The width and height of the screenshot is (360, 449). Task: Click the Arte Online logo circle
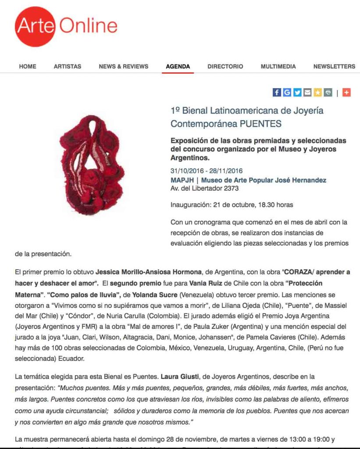(35, 26)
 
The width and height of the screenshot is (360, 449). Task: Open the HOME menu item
(28, 67)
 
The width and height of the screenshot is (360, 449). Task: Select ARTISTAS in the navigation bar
(68, 67)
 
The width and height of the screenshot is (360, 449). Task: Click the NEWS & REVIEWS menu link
(124, 67)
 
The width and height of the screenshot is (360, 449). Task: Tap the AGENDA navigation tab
(178, 67)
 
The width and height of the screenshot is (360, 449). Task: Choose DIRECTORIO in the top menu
(225, 67)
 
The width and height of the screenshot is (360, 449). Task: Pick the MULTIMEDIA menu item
(278, 67)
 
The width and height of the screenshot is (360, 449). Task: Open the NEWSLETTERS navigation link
(334, 67)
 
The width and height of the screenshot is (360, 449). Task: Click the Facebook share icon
(277, 93)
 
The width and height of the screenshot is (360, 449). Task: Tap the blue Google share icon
(287, 93)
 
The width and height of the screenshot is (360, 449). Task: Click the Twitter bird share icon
(297, 93)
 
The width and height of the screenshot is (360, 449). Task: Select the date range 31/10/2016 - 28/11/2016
(207, 171)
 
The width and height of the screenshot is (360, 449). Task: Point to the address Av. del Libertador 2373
(204, 189)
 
